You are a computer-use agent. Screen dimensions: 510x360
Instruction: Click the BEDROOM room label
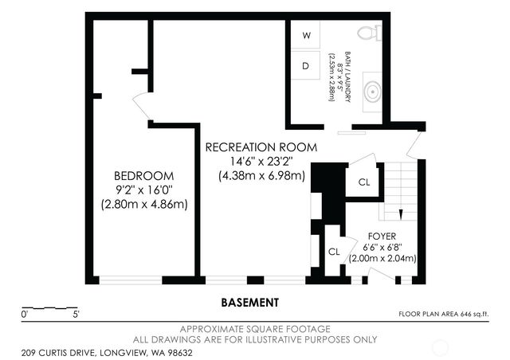pos(143,176)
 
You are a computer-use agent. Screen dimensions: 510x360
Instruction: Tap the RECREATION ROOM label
pos(261,147)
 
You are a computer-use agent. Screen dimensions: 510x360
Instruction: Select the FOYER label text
pos(382,237)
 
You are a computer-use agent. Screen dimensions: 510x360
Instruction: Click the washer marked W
pos(306,35)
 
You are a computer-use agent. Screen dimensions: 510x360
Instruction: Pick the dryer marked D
pos(306,65)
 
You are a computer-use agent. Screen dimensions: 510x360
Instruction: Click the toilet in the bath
pos(370,33)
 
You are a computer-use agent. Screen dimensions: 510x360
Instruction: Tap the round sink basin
pos(372,92)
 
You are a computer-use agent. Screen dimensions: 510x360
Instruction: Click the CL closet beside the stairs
pos(364,182)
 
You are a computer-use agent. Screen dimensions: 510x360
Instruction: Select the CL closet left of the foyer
pos(334,252)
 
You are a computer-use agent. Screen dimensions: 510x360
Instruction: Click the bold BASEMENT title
pos(249,303)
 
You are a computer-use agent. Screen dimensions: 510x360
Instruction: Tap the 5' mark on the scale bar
pos(76,315)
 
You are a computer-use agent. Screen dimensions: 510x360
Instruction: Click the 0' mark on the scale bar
pos(25,315)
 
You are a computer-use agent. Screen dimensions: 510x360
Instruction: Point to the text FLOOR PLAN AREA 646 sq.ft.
pos(444,314)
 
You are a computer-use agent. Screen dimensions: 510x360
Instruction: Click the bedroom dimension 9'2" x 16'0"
pos(143,190)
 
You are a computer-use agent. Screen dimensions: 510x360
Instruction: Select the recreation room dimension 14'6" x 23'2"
pos(261,162)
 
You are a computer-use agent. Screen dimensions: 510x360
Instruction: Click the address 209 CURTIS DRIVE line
pos(107,353)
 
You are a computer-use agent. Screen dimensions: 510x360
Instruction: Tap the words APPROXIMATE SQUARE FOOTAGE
pos(255,329)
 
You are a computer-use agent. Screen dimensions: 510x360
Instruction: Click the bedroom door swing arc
pos(139,104)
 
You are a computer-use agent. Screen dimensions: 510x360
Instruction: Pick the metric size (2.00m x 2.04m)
pos(382,259)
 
